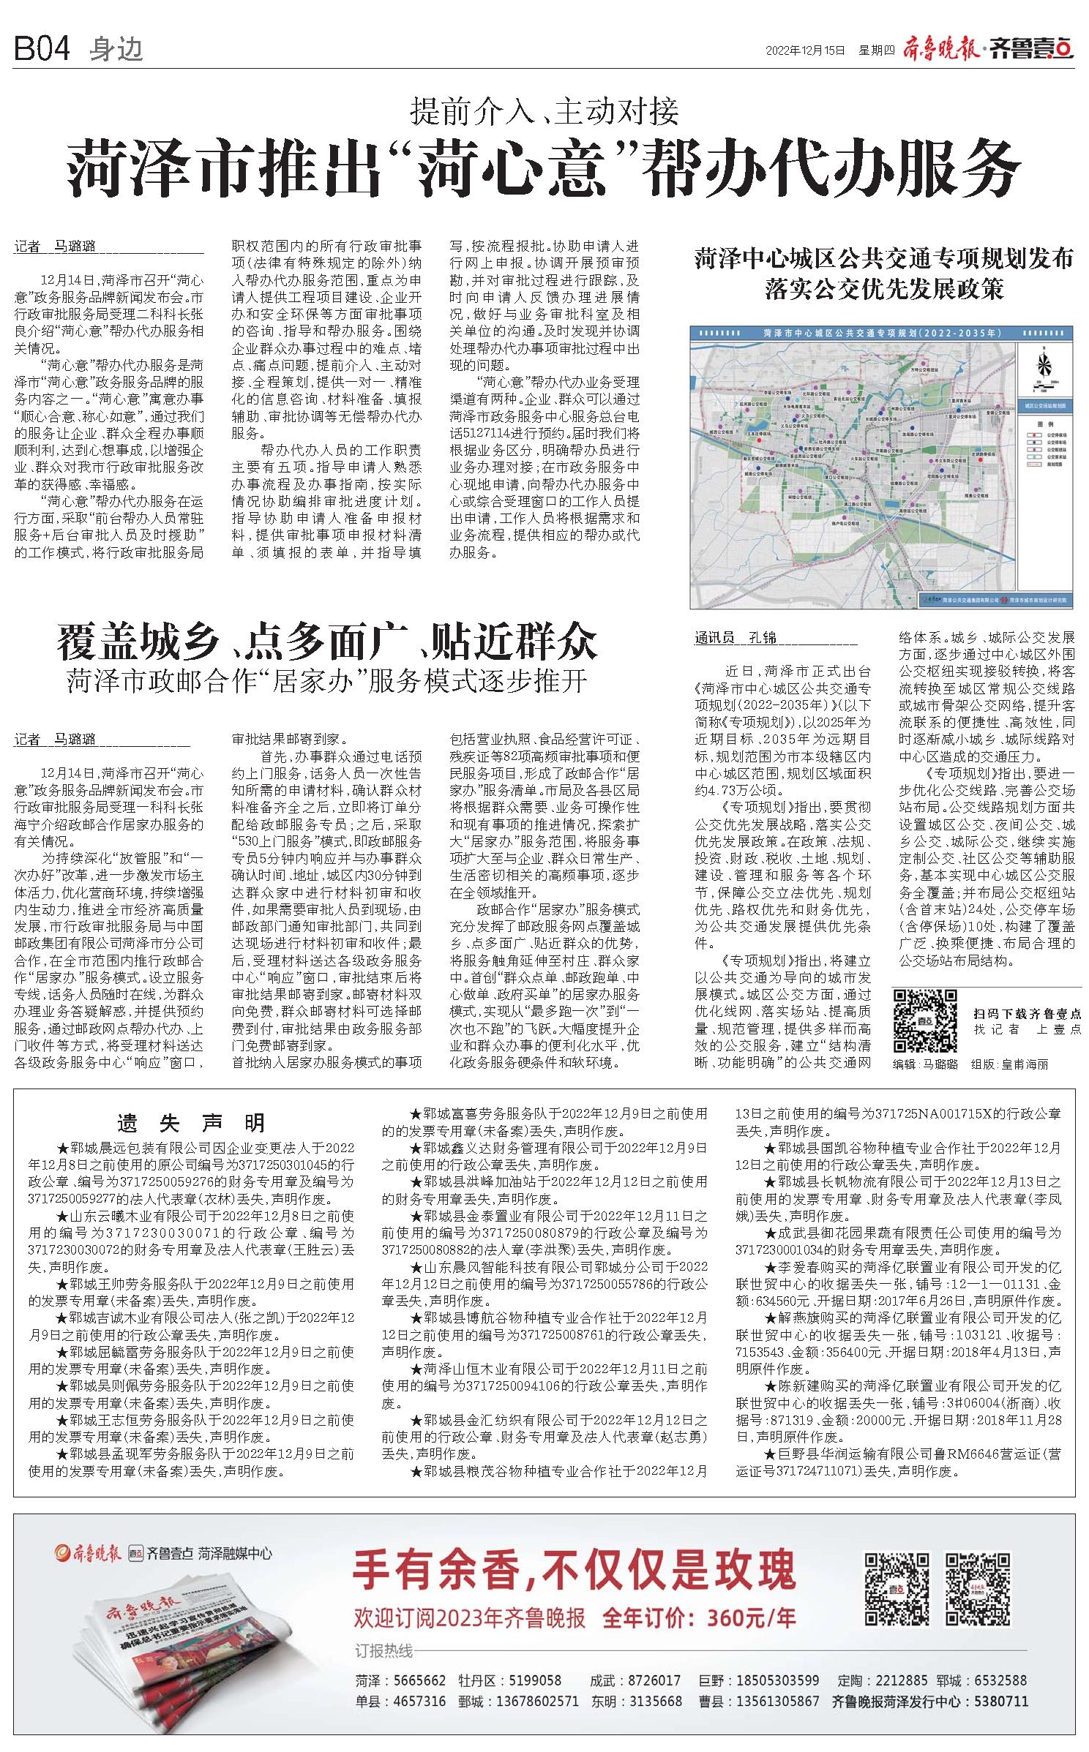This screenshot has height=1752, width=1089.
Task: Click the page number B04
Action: pos(42,49)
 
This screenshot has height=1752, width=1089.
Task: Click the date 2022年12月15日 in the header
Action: pos(805,50)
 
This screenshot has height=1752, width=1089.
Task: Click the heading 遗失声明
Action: pos(192,1122)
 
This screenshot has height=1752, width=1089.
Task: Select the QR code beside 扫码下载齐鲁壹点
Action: pos(926,1020)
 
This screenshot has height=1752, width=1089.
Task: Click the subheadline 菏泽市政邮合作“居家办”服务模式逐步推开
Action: pos(327,681)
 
